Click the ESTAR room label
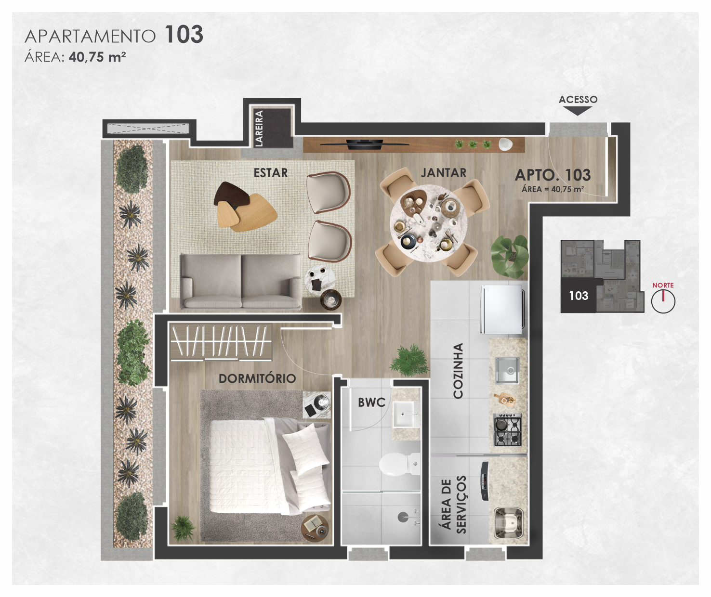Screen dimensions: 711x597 pos(271,173)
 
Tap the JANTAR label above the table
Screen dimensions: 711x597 pos(443,173)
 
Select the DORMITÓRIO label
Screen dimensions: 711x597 pos(257,378)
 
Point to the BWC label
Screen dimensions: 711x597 pos(371,402)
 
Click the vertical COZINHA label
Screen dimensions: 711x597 pos(458,371)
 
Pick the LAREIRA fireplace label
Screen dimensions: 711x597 pos(259,129)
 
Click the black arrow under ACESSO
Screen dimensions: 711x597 pos(578,111)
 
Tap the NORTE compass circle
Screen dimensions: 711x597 pos(663,301)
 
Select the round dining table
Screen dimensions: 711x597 pos(429,223)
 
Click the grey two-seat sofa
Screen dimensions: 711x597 pos(241,282)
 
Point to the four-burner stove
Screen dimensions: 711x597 pos(507,429)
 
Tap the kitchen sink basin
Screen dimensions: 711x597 pos(507,370)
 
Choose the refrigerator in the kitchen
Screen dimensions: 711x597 pos(502,310)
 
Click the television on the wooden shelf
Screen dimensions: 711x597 pos(364,144)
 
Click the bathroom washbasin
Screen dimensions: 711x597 pos(405,414)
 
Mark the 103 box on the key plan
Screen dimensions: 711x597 pos(579,296)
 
